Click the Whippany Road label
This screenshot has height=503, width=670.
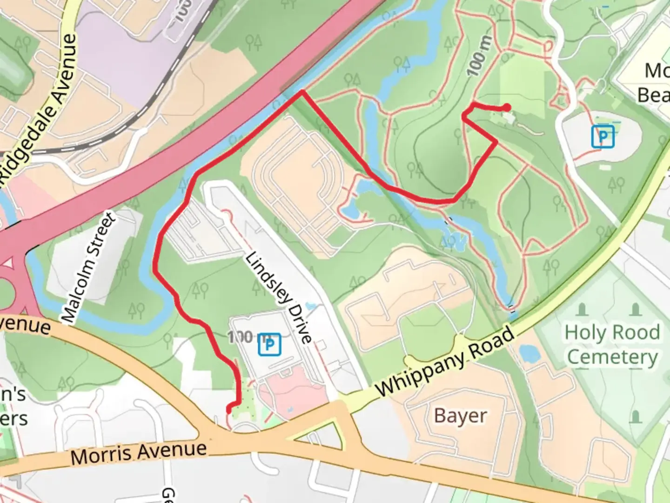[446, 362]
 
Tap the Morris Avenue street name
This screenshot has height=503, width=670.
[139, 453]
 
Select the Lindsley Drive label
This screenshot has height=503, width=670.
[278, 298]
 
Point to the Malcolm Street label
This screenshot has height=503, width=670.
[88, 268]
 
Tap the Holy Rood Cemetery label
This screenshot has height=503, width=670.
[612, 345]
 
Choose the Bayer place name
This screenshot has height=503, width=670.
[461, 415]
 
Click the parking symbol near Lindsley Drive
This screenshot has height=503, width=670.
[269, 345]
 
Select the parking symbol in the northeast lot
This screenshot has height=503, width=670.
[603, 137]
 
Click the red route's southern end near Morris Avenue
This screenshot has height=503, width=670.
[229, 410]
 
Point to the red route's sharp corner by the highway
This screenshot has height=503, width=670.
[302, 92]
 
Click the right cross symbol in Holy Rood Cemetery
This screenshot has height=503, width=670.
[635, 309]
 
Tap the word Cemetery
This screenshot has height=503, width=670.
[612, 357]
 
